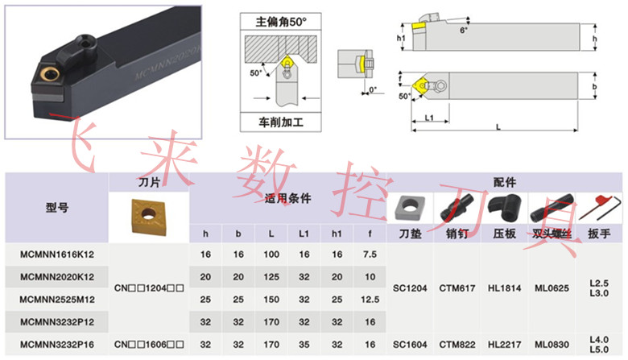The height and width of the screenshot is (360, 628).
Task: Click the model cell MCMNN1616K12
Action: pos(57,254)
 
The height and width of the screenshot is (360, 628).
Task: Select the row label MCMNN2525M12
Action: pos(57,299)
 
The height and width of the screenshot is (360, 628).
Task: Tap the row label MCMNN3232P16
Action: pos(57,344)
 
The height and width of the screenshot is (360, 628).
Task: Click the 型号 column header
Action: pos(57,207)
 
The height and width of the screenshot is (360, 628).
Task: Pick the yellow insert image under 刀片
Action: pos(147,217)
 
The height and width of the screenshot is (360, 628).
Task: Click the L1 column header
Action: pos(304,234)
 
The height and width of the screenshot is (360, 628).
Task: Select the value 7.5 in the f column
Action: pos(370,254)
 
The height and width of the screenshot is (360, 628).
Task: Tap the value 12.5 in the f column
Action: pos(370,299)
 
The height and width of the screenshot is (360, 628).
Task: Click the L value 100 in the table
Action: pos(271,254)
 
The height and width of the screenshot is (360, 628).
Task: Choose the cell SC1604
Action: pos(411,344)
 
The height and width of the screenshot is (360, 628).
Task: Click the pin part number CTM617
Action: pos(457,288)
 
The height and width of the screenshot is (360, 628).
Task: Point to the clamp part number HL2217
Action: pos(503,344)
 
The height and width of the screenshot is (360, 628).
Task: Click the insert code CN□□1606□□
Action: pos(149,344)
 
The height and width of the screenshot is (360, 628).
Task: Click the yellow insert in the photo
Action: pos(48,76)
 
